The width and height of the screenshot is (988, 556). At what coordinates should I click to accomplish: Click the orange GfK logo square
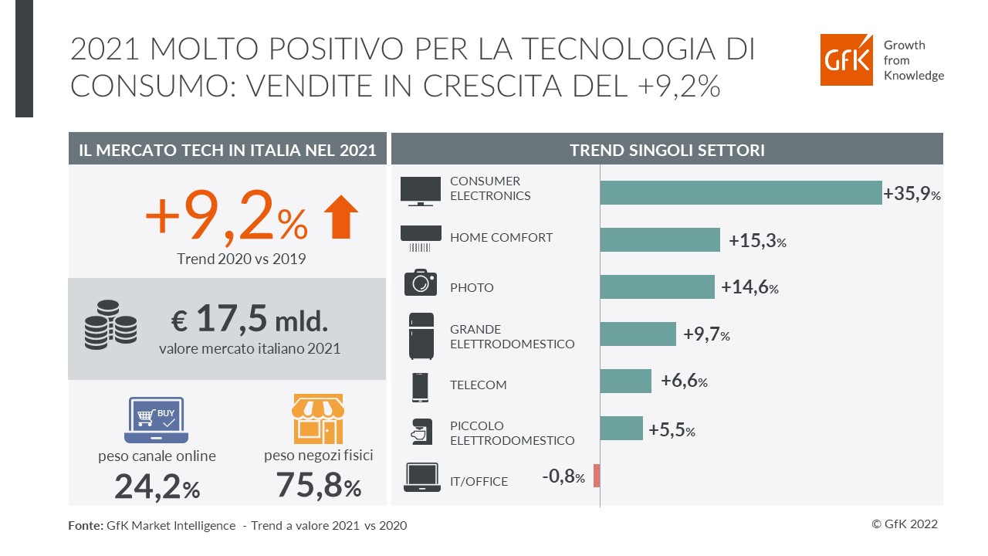click(848, 59)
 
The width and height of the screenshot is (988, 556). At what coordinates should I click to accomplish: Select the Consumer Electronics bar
click(740, 192)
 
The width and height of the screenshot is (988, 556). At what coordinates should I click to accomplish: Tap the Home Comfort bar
click(659, 240)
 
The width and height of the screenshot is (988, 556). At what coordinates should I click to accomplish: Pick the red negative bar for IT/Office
click(597, 476)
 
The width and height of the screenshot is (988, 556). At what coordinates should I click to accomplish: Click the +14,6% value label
click(749, 288)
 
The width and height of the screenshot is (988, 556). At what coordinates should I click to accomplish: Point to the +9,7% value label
click(706, 335)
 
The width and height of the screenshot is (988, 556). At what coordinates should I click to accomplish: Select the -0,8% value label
click(563, 477)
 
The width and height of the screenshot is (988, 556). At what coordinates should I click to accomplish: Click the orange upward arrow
click(340, 217)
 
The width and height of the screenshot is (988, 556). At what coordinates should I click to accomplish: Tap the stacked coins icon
click(110, 325)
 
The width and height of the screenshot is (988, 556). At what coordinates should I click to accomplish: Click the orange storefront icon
click(318, 419)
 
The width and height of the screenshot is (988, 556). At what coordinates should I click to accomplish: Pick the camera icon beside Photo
click(421, 283)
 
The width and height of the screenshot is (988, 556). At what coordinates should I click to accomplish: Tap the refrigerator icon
click(421, 336)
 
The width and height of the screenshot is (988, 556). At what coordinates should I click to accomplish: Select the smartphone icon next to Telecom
click(421, 387)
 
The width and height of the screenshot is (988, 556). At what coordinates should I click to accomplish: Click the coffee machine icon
click(421, 432)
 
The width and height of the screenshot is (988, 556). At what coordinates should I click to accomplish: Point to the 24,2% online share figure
click(157, 486)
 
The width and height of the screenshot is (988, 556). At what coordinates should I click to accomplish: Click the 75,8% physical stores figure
click(319, 486)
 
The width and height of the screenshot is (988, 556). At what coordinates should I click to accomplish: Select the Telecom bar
click(625, 381)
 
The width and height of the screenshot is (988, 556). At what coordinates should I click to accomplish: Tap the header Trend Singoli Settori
click(667, 150)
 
